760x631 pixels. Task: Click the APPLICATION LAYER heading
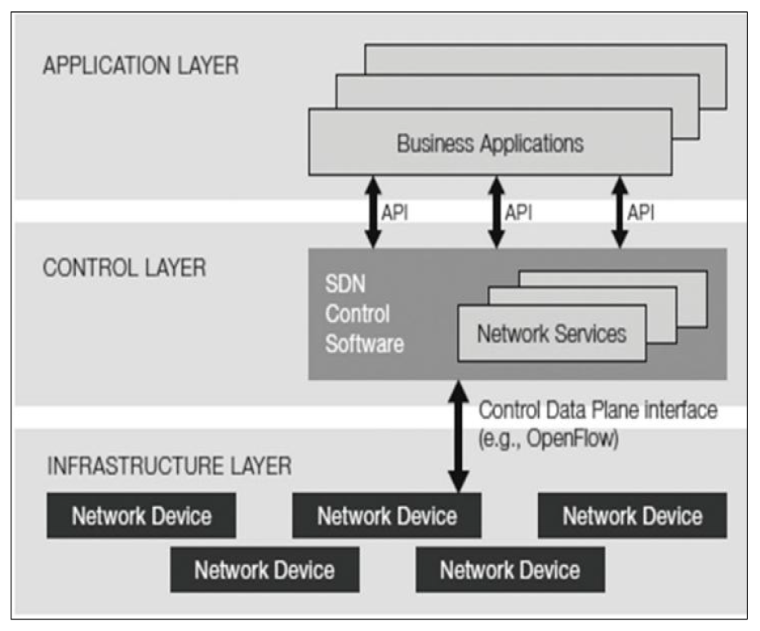pos(140,66)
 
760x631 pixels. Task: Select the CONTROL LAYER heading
pos(124,268)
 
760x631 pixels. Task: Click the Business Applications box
pos(490,144)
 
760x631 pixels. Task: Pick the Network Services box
pos(551,333)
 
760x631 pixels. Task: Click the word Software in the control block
pos(364,343)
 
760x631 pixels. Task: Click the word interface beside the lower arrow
pos(678,409)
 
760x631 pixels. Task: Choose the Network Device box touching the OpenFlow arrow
pos(386,516)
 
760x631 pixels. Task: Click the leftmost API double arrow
pos(371,212)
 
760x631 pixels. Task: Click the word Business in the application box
pos(435,144)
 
